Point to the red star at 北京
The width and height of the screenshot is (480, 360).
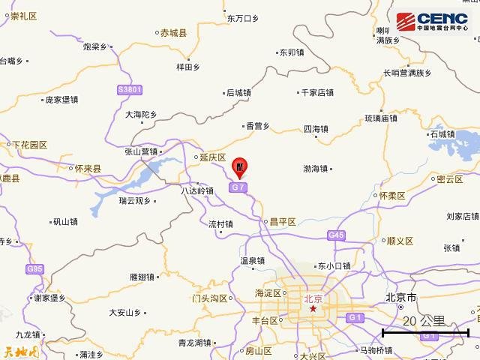[x=313, y=308]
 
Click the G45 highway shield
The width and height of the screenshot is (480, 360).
[x=336, y=235]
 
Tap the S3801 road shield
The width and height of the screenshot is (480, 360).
[x=129, y=90]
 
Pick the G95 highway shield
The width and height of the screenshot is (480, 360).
[x=34, y=268]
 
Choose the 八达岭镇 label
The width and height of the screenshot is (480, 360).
[x=198, y=191]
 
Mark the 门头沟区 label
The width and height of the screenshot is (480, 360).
[x=209, y=298]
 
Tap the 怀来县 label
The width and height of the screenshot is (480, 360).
[x=89, y=170]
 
